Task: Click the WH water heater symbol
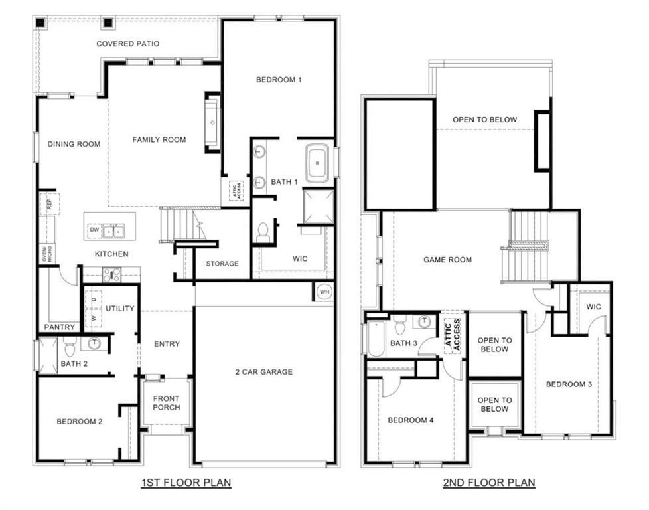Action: [324, 292]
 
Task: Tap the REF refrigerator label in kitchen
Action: [49, 203]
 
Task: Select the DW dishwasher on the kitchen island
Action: [94, 230]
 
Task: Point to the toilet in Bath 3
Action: [399, 326]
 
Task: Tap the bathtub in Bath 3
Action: [375, 338]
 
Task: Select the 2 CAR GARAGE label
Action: [263, 372]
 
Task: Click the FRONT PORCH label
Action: [166, 403]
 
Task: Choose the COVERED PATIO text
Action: [128, 44]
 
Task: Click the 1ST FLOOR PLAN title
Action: [186, 483]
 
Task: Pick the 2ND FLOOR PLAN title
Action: [489, 483]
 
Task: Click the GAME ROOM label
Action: [448, 260]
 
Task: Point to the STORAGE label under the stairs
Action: [222, 264]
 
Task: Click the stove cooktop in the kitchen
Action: [111, 274]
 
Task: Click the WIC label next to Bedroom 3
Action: [593, 307]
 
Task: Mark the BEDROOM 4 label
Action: [411, 420]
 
